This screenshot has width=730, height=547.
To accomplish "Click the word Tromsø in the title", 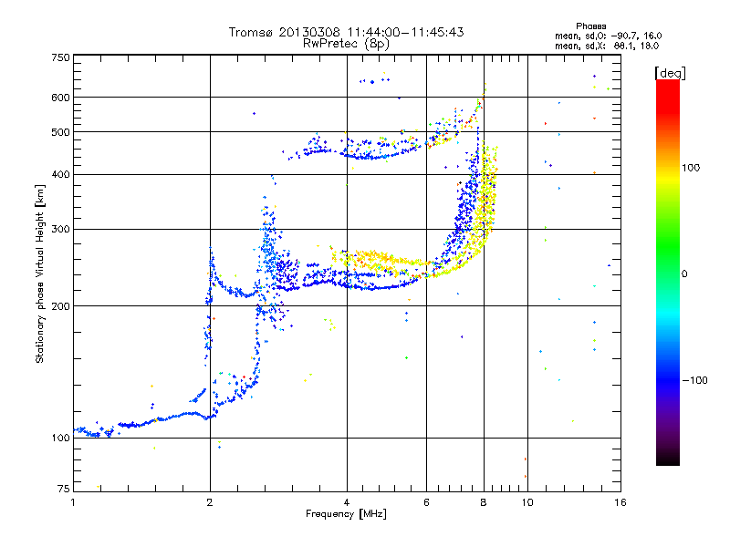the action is pos(252,32).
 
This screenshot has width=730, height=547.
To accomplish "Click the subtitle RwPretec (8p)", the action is pos(346,44).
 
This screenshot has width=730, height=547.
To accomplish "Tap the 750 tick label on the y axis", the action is pos(61,57).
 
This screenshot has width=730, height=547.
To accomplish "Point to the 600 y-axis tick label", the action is pos(61,98).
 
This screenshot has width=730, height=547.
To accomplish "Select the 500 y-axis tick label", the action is pos(61,132).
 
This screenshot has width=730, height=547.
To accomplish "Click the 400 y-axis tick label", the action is pos(61,174).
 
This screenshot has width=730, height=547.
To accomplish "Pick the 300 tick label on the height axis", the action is pos(61,230).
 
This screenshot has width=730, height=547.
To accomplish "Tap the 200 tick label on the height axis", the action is pos(61,306).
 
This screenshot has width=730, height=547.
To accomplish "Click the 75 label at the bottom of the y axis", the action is pos(64,489).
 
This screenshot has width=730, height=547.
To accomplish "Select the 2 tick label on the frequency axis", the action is pos(210,502).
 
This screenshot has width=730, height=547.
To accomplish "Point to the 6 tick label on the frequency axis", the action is pos(426,502).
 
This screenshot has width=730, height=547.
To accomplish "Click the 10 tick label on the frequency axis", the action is pos(527,502).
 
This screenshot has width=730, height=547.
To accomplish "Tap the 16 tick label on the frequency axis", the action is pos(620,502).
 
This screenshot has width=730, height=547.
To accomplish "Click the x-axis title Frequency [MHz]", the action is pos(346,514).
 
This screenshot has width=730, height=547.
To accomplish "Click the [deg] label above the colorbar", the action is pos(670,73).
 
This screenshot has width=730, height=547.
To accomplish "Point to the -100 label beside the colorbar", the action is pos(694,380).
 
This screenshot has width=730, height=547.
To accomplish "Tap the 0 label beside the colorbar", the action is pos(684,274).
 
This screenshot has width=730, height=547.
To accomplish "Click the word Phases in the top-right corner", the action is pos(590,26).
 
